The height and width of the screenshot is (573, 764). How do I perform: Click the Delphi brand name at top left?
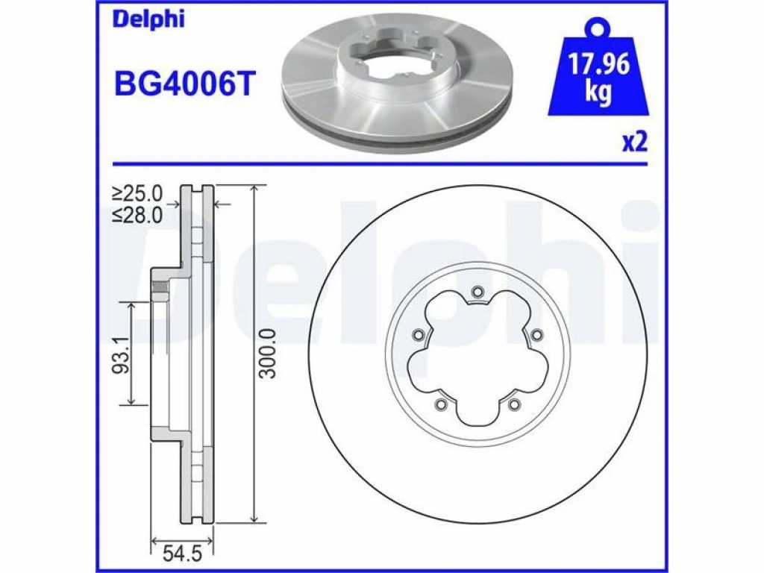tap(148, 20)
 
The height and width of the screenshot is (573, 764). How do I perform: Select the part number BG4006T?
tap(185, 84)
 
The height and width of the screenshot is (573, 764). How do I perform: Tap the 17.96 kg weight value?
tap(599, 77)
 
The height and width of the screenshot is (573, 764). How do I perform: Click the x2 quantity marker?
tap(635, 143)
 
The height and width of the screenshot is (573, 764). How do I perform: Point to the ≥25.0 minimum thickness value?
tap(137, 193)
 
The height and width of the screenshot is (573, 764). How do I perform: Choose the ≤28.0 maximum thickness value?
tap(137, 214)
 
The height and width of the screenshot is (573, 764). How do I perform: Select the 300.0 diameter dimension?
tap(268, 353)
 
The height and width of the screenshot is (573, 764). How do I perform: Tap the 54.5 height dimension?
tap(182, 554)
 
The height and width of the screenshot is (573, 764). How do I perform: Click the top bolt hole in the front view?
tap(477, 292)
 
